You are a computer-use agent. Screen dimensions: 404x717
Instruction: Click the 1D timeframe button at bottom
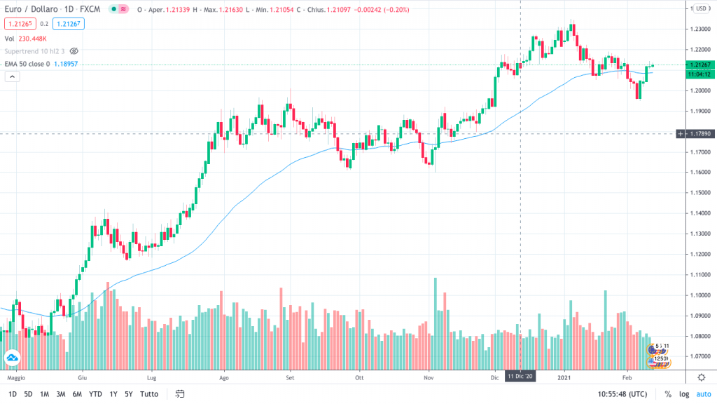(13, 394)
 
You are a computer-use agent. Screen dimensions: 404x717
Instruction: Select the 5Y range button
(130, 394)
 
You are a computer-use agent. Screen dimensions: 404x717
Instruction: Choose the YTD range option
(96, 394)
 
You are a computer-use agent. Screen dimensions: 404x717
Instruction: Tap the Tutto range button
(149, 394)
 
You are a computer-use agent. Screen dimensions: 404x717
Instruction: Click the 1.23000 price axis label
(697, 29)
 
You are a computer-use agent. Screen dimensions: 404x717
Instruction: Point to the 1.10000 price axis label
(697, 295)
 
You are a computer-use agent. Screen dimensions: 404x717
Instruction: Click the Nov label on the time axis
(430, 377)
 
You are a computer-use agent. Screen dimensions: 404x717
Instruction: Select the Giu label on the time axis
(83, 377)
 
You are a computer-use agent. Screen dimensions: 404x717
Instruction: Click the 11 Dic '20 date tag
(520, 377)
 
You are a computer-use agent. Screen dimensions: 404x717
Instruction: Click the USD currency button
(700, 8)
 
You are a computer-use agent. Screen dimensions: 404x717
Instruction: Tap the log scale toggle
(683, 394)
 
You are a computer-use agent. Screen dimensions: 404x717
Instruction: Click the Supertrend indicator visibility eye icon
(74, 51)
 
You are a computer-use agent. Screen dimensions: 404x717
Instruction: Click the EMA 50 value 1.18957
(66, 64)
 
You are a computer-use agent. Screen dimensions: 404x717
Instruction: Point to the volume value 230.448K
(34, 39)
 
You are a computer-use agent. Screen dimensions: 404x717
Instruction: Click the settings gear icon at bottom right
(701, 377)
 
